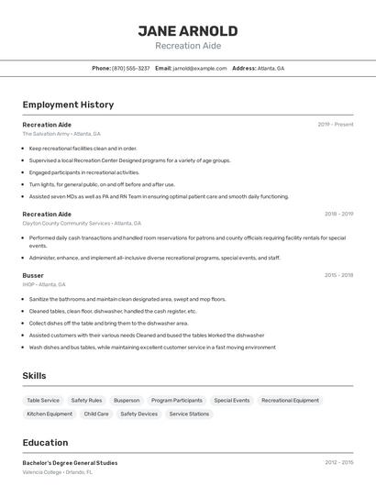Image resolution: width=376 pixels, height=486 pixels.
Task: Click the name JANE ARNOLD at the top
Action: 187,30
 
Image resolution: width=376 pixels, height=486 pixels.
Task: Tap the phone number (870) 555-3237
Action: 131,69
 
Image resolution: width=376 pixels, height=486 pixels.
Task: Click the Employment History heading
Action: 68,105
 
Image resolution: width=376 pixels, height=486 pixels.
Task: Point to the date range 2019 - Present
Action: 336,124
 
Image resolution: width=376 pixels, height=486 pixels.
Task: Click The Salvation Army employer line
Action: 61,134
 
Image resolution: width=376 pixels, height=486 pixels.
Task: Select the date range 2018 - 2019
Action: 338,214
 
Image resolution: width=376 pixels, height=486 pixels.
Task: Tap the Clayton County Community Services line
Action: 82,223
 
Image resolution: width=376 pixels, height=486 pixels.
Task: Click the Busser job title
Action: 33,275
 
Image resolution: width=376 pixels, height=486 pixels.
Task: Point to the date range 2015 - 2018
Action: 338,275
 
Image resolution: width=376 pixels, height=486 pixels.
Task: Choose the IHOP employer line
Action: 43,284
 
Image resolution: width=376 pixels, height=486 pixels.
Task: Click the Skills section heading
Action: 34,376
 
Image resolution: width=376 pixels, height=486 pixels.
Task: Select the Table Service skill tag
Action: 43,401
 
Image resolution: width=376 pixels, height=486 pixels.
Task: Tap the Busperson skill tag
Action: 127,401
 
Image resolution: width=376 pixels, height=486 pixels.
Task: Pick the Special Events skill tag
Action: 232,401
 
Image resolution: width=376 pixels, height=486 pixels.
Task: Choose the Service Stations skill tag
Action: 189,414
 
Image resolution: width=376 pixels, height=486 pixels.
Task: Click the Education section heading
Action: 45,443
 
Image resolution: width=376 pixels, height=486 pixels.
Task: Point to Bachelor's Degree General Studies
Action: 70,463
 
